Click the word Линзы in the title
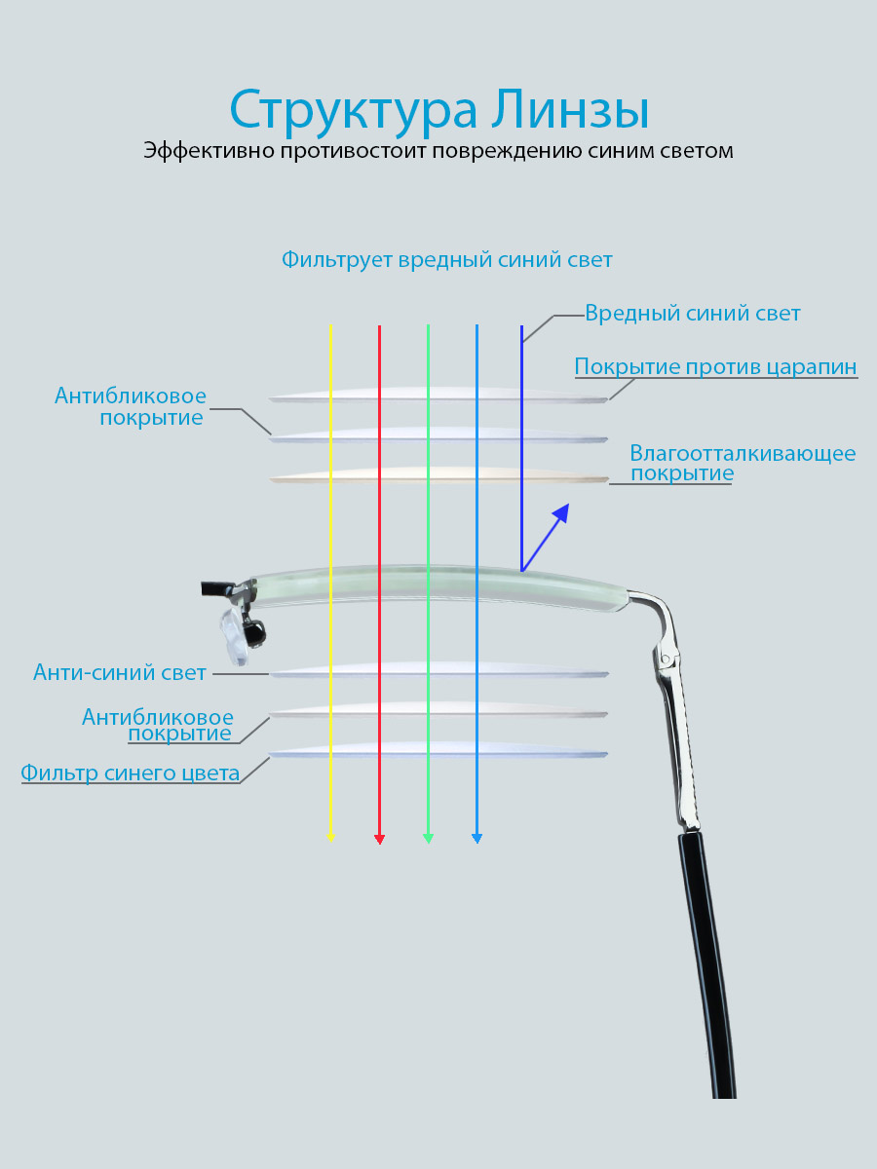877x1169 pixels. [x=570, y=109]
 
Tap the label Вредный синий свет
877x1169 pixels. [x=692, y=314]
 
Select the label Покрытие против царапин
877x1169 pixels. [x=715, y=367]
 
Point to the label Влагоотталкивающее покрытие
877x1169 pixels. [x=743, y=463]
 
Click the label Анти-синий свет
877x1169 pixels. [x=119, y=672]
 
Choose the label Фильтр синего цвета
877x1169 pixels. [x=130, y=773]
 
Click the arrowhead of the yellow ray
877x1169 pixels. [x=330, y=838]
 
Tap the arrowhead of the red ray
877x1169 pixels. [x=380, y=840]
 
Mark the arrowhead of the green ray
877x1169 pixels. [x=428, y=839]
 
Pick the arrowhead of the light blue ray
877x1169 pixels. [x=477, y=839]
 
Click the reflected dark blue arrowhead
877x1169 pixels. [x=562, y=512]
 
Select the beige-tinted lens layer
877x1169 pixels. [x=438, y=475]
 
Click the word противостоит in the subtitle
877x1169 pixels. [x=354, y=151]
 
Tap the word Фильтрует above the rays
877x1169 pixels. [x=337, y=260]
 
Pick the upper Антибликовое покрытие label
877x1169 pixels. [x=130, y=406]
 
